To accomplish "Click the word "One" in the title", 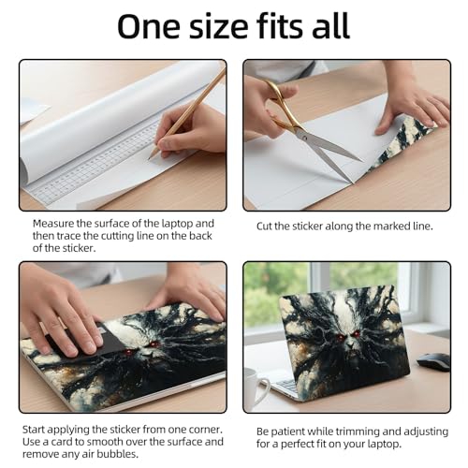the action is point(149,26).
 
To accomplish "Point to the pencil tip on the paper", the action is point(150,157).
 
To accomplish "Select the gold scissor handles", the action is point(280,106).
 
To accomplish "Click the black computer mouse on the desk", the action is point(433,362).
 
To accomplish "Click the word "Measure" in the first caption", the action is point(53,224).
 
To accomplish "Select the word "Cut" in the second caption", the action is point(264,227).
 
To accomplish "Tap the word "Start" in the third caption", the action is point(34,430).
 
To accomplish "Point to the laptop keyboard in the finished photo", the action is point(285,386).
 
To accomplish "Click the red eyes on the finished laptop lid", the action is point(346,336).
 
